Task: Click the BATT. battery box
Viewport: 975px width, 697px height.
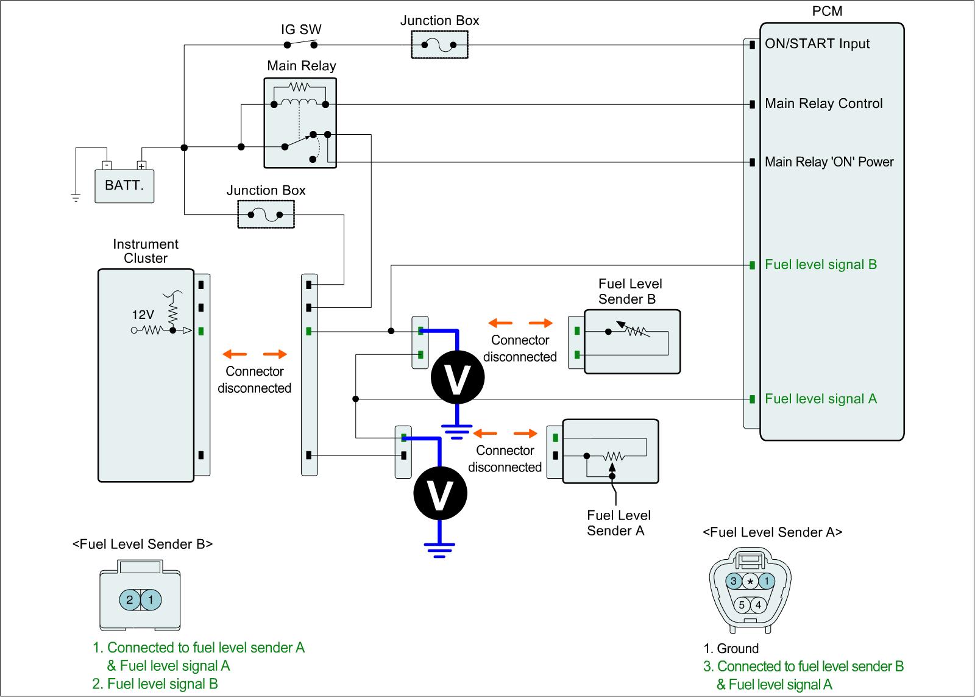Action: tap(124, 185)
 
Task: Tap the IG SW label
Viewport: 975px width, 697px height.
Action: tap(301, 29)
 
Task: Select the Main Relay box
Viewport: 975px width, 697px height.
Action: tap(300, 123)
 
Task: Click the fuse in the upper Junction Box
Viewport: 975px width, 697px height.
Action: tap(439, 44)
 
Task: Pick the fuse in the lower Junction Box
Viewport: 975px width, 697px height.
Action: tap(266, 215)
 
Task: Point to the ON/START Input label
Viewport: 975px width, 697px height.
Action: tap(817, 44)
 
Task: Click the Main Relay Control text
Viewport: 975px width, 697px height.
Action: tap(823, 104)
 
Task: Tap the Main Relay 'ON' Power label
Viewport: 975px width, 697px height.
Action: tap(829, 162)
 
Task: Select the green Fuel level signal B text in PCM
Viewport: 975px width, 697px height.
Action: tap(820, 265)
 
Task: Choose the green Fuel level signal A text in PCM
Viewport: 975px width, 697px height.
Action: tap(820, 399)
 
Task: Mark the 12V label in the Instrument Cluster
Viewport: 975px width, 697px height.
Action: tap(143, 315)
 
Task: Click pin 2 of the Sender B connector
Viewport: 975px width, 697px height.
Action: tap(129, 600)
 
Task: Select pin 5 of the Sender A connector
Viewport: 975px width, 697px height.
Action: tap(741, 606)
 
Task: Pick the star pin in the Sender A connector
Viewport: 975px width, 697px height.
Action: tap(750, 581)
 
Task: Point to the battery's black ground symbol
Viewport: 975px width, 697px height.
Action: tap(76, 197)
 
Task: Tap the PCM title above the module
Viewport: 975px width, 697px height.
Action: tap(828, 12)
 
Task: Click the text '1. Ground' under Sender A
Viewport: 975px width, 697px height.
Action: tap(731, 649)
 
